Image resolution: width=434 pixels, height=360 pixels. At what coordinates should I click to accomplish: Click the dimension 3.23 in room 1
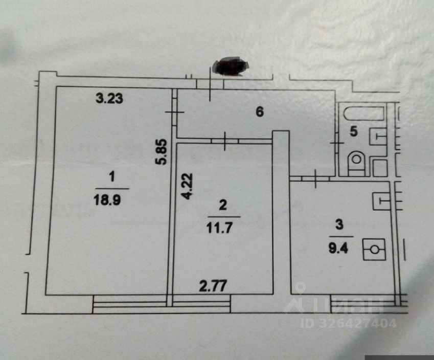[x=109, y=99]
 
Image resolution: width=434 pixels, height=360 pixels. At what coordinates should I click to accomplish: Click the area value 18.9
[x=111, y=198]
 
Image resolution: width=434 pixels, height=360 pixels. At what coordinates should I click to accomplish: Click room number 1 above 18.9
[x=111, y=177]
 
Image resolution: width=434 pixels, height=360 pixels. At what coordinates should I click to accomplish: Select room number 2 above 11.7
[x=222, y=206]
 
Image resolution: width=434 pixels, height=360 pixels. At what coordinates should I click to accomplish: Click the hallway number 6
[x=259, y=112]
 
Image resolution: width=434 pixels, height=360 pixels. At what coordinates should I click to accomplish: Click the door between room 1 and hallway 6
[x=173, y=114]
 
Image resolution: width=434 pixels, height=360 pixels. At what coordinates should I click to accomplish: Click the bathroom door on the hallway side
[x=337, y=145]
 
